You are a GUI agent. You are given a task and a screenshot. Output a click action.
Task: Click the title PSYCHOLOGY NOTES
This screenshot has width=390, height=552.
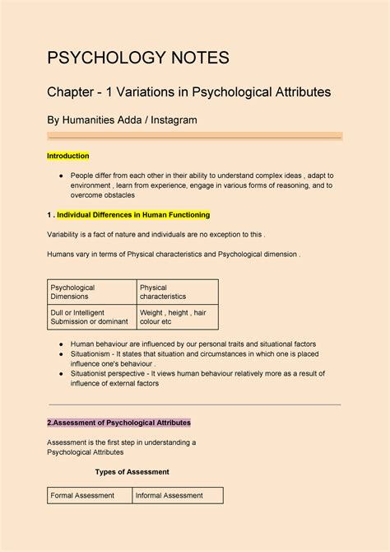137,58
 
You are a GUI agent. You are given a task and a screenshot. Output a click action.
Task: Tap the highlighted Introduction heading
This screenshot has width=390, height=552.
67,156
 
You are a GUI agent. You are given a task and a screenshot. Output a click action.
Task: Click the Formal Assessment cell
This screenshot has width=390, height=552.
78,495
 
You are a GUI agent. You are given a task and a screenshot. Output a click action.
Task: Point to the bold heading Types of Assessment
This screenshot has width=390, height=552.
132,472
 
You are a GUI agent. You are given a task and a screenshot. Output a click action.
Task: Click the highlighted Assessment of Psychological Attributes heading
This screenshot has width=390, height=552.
118,423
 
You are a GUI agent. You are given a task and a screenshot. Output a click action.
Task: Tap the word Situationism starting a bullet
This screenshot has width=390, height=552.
95,353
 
